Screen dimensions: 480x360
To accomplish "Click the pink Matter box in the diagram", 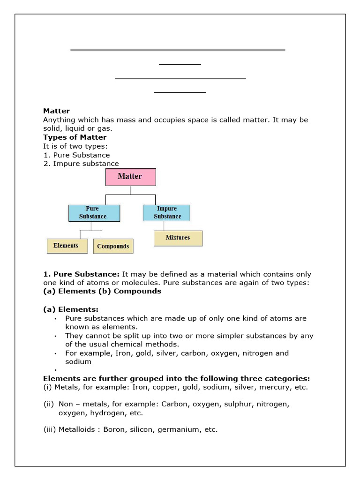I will coord(130,177).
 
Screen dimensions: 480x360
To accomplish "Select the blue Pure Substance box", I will coord(94,213).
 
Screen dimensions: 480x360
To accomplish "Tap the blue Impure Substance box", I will coord(166,213).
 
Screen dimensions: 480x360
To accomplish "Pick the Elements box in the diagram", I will coord(67,246).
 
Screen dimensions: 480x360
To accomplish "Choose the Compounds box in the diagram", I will coord(113,246).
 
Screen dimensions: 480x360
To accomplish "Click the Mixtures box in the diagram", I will coord(178,238).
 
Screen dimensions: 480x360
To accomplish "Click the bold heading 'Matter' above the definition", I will coord(56,111).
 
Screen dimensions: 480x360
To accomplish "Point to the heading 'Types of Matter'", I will coord(75,137).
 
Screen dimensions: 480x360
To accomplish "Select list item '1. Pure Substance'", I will coord(76,155).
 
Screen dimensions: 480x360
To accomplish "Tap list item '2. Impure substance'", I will coord(81,164).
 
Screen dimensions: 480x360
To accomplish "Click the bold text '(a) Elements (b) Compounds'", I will coord(102,291).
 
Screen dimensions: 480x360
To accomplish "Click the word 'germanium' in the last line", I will coord(179,429).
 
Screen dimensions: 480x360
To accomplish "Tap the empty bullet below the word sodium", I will coord(55,371).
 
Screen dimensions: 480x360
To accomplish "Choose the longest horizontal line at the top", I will coord(178,50).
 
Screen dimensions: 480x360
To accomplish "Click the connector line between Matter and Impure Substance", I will coord(155,199).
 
